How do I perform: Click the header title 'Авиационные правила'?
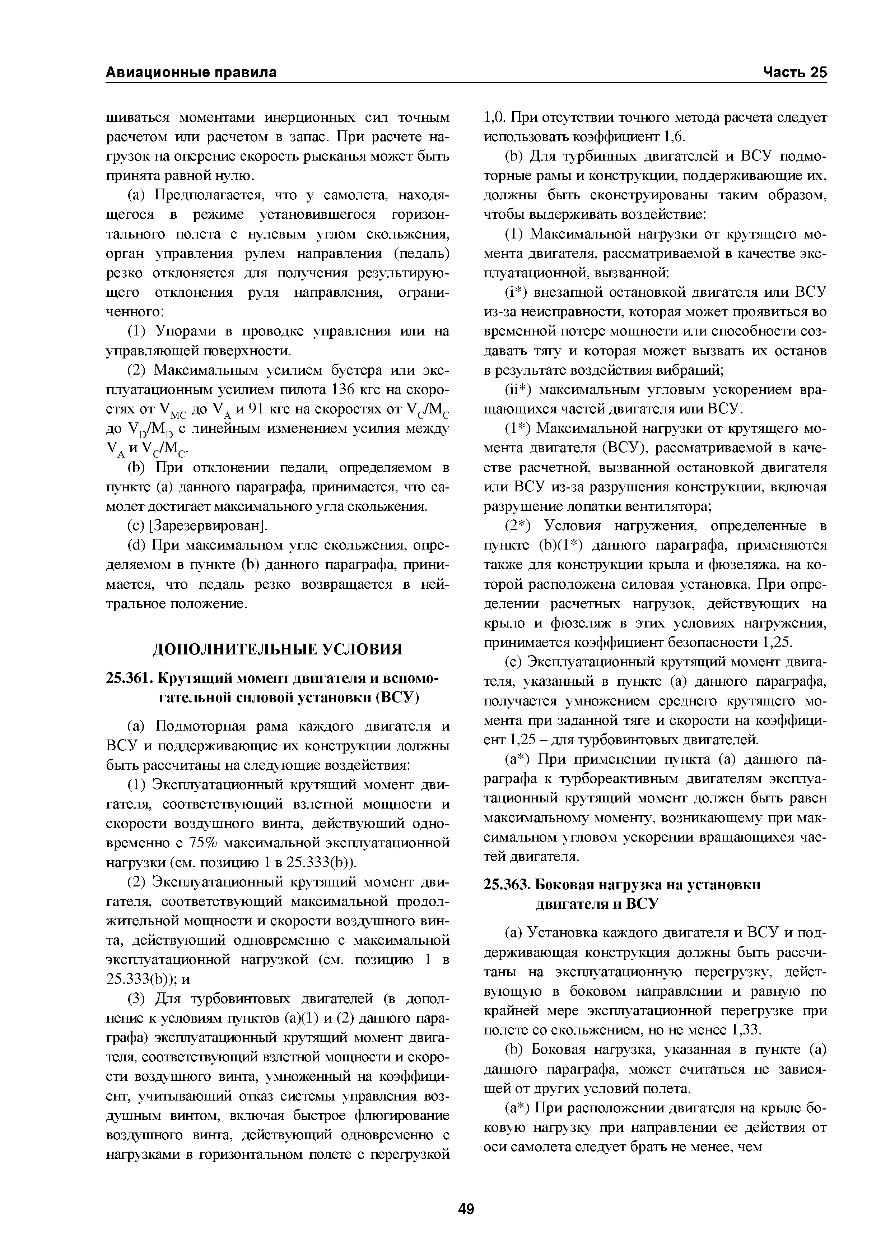pyautogui.click(x=191, y=73)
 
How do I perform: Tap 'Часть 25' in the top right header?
pyautogui.click(x=794, y=73)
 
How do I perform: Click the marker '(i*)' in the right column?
pyautogui.click(x=516, y=292)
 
